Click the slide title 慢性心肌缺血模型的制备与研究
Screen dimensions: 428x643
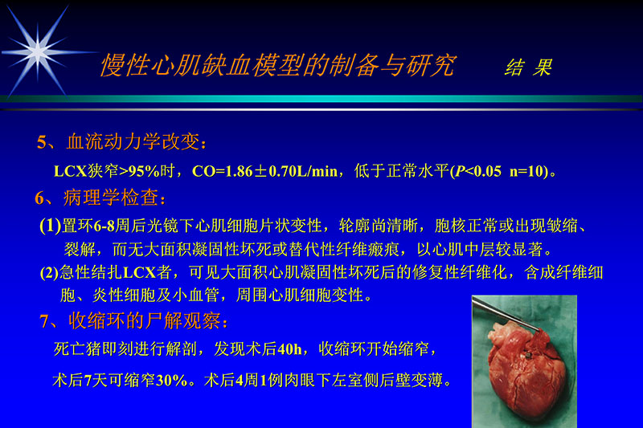pos(277,66)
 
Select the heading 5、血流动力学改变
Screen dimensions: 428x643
pos(126,143)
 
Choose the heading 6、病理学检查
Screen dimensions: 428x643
pos(102,198)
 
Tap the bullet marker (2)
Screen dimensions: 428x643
pos(50,272)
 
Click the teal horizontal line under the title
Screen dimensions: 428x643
pos(321,99)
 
